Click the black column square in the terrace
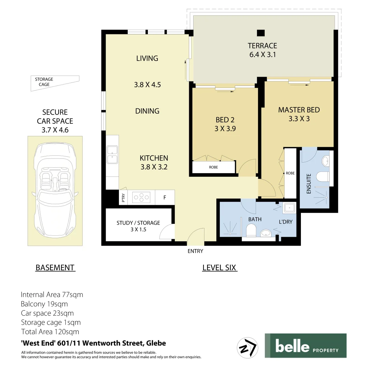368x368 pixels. [261, 33]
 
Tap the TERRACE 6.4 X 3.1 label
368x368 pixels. [262, 50]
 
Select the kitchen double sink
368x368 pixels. [112, 155]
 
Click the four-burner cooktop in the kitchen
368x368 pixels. [141, 197]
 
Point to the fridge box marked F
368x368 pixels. [165, 197]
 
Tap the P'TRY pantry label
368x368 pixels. [123, 198]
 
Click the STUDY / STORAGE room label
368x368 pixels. [138, 226]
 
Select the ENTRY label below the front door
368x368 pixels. [195, 251]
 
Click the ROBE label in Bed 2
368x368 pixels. [213, 167]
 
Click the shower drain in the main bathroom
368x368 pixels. [231, 234]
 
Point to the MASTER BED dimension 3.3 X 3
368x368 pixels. [299, 119]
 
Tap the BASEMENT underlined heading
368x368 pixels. [55, 268]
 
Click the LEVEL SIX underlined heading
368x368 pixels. [219, 268]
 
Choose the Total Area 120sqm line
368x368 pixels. [50, 332]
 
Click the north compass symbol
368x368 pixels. [247, 348]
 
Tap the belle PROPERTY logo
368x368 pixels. [305, 346]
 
